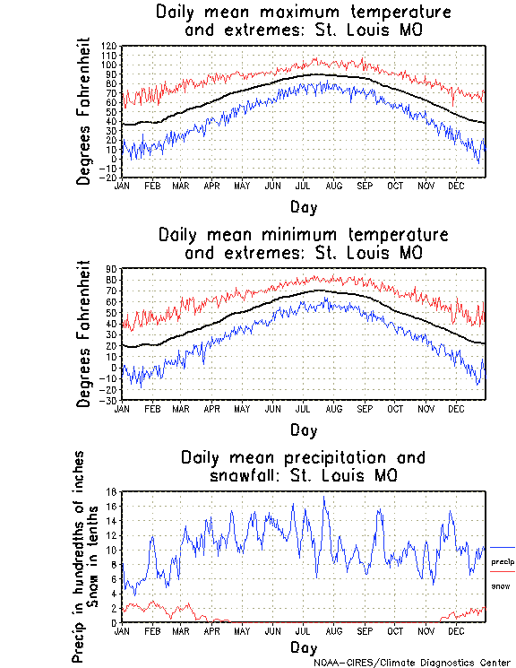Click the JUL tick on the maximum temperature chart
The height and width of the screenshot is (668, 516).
point(303,186)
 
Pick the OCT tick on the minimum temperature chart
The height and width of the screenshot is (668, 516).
point(394,408)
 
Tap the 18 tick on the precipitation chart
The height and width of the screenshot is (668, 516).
point(113,491)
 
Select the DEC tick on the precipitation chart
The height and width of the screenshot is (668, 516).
point(456,630)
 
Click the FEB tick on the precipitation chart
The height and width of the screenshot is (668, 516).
point(151,630)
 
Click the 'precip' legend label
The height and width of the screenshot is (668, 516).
point(503,561)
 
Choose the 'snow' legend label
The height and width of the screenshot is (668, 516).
point(500,586)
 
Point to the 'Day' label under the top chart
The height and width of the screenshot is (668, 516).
point(303,207)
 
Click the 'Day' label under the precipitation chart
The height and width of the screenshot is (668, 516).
point(303,647)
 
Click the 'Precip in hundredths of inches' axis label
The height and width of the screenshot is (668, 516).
point(79,556)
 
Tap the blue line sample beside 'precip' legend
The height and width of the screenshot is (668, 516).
point(503,547)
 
